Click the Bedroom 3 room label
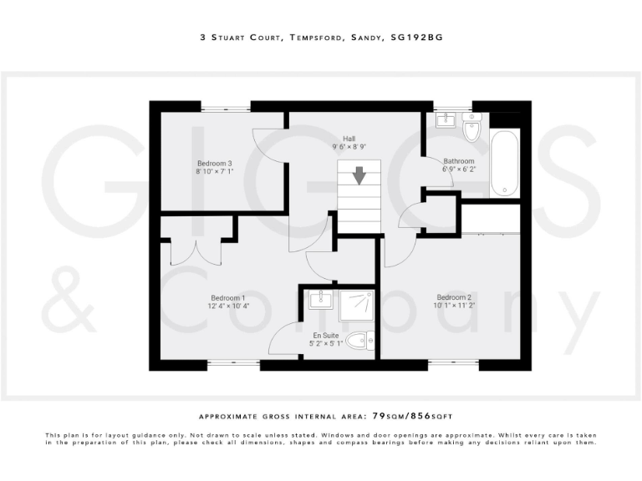215,163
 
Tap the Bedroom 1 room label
228,298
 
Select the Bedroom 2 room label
454,298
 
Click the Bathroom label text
459,161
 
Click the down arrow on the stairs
359,175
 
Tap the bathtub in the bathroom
505,162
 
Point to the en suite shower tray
356,306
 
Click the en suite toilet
360,341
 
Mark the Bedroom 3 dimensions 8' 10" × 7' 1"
215,172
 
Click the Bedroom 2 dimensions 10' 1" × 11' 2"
454,306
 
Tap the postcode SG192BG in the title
418,37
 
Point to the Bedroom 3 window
226,106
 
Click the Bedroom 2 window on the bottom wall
454,364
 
